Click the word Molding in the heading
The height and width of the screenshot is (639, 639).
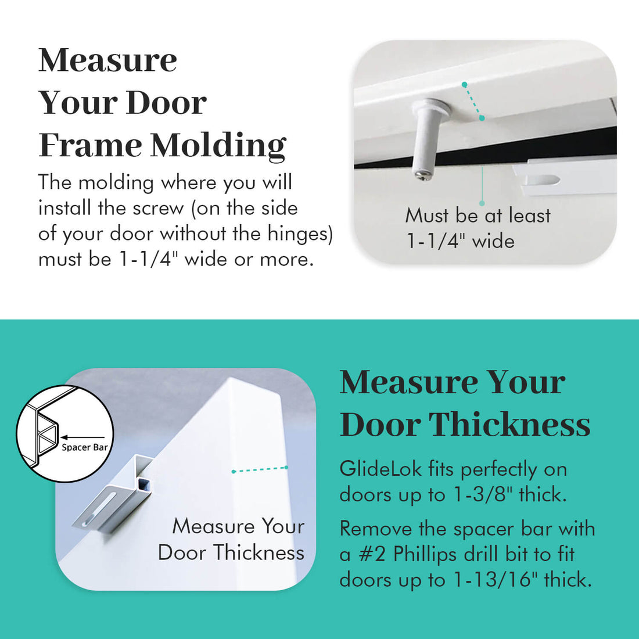pyautogui.click(x=218, y=145)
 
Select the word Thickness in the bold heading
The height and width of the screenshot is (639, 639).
pyautogui.click(x=509, y=425)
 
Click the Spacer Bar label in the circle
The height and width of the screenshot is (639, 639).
pyautogui.click(x=84, y=447)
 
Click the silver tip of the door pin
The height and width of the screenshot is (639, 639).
pyautogui.click(x=423, y=174)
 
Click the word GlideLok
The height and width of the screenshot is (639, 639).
pyautogui.click(x=380, y=469)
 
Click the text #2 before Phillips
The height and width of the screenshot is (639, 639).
pyautogui.click(x=372, y=554)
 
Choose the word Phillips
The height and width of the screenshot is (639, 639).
pyautogui.click(x=425, y=554)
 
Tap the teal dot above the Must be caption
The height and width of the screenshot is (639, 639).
pyautogui.click(x=482, y=203)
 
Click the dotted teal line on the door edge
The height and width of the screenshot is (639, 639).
pyautogui.click(x=260, y=469)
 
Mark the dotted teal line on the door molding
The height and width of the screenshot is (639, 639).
pyautogui.click(x=473, y=101)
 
